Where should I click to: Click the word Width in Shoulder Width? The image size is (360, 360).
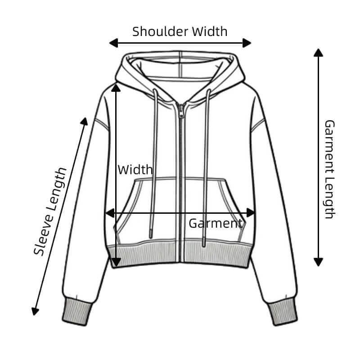(210, 31)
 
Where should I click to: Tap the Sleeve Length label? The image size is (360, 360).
(50, 211)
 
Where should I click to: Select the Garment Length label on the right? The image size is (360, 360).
(330, 169)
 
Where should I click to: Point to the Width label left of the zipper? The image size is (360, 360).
(135, 170)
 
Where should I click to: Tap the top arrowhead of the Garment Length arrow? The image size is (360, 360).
(319, 52)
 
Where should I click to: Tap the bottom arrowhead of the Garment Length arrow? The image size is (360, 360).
(319, 261)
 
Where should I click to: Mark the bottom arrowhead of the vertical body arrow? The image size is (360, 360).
(116, 261)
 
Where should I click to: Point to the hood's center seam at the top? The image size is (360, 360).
(180, 58)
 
